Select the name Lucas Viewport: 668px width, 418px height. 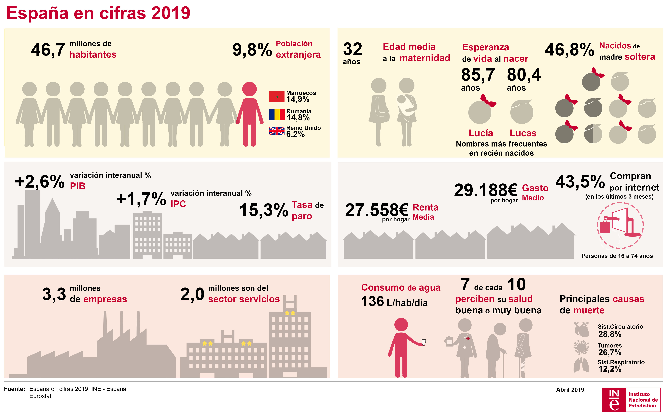523,133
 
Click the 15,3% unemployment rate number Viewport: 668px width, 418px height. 264,210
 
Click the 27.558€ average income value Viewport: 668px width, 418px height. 376,210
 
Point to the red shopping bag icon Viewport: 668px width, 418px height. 605,226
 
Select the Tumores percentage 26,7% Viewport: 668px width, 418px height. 610,352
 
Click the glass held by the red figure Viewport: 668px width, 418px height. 424,342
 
